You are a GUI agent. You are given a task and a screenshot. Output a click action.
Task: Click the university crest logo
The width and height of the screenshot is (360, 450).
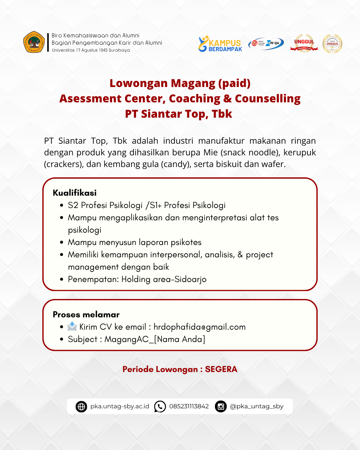tap(34, 42)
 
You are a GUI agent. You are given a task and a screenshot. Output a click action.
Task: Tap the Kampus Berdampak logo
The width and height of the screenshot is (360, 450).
tap(220, 44)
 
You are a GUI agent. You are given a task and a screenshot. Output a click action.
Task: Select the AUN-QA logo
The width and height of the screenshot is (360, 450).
tap(266, 43)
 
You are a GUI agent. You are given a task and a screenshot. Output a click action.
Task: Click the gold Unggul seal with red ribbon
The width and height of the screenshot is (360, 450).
tap(304, 43)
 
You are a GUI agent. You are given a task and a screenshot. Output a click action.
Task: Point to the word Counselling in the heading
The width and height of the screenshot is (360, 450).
tap(268, 99)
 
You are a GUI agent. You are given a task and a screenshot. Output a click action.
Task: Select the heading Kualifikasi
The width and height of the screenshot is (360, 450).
tap(75, 193)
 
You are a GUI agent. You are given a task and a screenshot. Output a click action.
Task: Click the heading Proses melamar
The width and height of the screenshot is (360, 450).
tap(86, 314)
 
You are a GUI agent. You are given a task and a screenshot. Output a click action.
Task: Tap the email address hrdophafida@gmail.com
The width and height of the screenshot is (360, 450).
tap(199, 327)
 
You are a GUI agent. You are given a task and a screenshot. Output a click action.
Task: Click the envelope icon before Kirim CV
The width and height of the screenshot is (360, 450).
tap(72, 327)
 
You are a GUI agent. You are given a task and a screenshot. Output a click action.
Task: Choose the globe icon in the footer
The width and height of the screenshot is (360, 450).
tap(81, 407)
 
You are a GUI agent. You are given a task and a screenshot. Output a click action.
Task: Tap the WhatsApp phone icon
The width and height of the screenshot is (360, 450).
tap(160, 407)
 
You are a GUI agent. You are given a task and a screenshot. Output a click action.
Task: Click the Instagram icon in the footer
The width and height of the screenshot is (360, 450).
tap(221, 407)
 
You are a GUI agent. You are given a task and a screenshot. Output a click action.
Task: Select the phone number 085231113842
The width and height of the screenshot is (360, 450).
tap(189, 406)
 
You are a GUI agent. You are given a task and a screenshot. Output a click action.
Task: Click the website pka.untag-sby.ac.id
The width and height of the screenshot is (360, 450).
tap(120, 406)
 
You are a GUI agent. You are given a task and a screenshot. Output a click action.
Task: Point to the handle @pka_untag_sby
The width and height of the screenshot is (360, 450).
tap(257, 406)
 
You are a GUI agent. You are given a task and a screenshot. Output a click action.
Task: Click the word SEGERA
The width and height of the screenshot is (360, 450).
tap(221, 369)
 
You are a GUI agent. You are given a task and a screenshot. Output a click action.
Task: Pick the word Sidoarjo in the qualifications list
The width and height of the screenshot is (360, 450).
tap(191, 279)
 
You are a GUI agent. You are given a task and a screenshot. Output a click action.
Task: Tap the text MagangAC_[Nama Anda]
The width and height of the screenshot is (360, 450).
tap(155, 339)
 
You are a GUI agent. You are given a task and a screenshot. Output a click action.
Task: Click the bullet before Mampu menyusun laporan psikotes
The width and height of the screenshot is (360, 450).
tap(62, 242)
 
